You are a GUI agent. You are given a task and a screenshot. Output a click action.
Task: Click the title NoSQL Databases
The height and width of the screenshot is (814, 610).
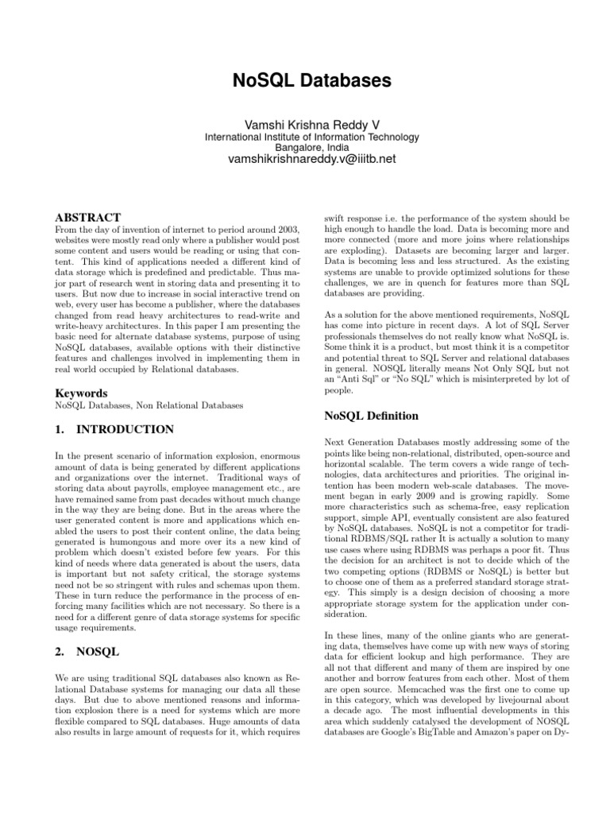[x=304, y=81]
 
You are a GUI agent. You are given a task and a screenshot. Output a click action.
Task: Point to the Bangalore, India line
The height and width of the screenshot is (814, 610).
[x=304, y=148]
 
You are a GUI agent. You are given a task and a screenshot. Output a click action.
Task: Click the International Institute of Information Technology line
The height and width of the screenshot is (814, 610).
[x=304, y=137]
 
